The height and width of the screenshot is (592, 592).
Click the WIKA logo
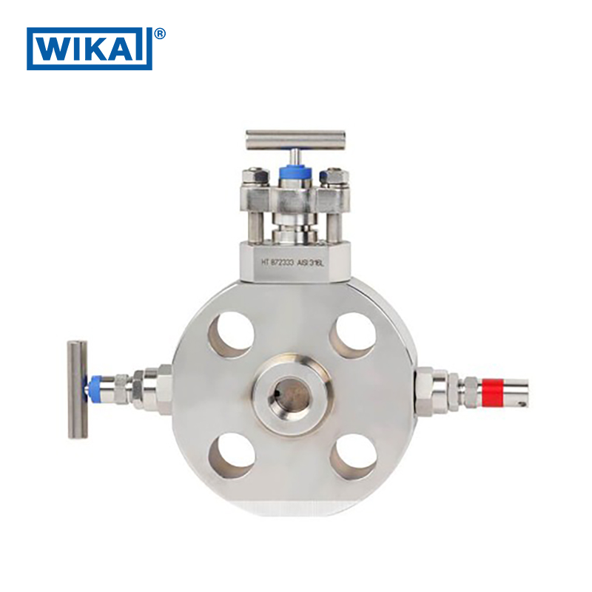pyautogui.click(x=89, y=49)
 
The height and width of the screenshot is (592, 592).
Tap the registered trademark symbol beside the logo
pyautogui.click(x=160, y=34)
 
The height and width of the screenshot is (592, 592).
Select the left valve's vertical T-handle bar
pyautogui.click(x=77, y=388)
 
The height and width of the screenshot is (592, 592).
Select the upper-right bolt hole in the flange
pyautogui.click(x=354, y=335)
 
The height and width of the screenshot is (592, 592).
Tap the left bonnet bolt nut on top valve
pyautogui.click(x=255, y=177)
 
